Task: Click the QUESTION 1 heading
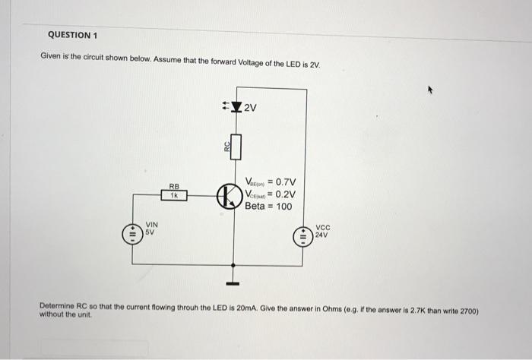tap(73, 35)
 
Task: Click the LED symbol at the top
tap(236, 107)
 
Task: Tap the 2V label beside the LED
tap(252, 107)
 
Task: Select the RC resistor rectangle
tap(236, 146)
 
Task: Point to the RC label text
tap(226, 147)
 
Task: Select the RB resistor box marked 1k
tap(174, 195)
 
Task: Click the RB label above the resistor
tap(174, 186)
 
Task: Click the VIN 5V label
tap(151, 229)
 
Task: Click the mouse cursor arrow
tap(429, 90)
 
